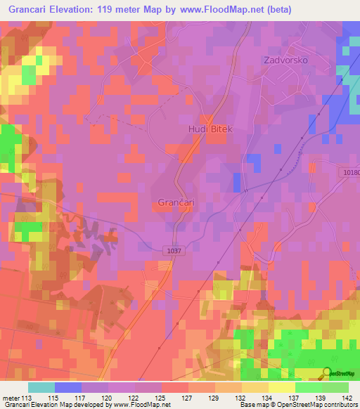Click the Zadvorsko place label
click(285, 60)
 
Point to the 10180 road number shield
click(352, 173)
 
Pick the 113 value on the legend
click(27, 397)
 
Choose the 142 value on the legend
click(344, 397)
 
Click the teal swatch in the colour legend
click(41, 387)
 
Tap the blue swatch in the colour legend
click(68, 387)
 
